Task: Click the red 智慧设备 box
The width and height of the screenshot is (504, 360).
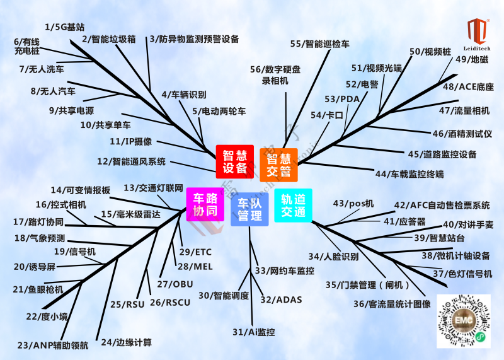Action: [235, 161]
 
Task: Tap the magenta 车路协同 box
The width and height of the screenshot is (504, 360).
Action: [205, 204]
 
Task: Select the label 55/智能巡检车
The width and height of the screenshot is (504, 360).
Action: [319, 44]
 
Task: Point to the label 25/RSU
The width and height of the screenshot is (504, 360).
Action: [127, 305]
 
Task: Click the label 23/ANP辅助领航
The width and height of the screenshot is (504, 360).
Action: [53, 345]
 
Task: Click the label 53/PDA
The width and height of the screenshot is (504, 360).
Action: [341, 99]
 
